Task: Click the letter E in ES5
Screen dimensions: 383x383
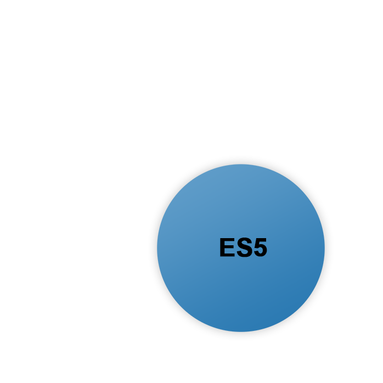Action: (227, 248)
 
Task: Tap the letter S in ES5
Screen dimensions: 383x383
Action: (243, 248)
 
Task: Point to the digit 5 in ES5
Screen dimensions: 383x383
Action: (259, 248)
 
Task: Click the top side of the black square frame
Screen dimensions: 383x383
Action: (241, 159)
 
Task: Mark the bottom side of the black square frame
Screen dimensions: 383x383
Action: (241, 337)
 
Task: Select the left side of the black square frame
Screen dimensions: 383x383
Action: (152, 248)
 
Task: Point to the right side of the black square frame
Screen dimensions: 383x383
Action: (330, 248)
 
